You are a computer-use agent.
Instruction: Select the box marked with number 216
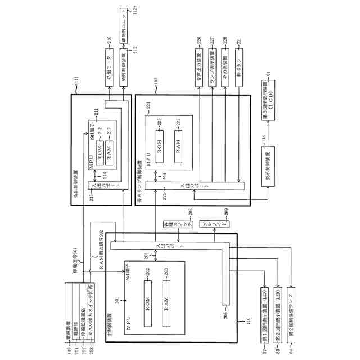(110, 71)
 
